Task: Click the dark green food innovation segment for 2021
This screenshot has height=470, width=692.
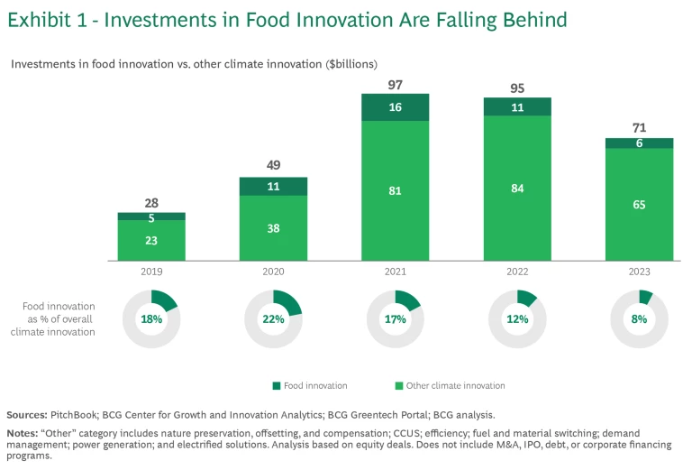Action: (x=395, y=106)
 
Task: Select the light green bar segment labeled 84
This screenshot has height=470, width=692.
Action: (x=517, y=188)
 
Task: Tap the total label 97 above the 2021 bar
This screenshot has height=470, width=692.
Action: (x=395, y=85)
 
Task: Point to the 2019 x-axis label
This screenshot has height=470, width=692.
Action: (x=150, y=271)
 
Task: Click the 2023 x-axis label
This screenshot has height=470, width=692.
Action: (x=639, y=271)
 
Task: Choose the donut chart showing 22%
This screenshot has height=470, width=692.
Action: (x=273, y=318)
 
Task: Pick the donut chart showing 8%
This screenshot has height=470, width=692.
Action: (x=639, y=318)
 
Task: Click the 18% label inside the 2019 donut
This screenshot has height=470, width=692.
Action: (x=150, y=319)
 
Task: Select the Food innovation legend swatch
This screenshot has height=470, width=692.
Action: (x=276, y=385)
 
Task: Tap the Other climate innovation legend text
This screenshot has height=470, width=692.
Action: (x=455, y=385)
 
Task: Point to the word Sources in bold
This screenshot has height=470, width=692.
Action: (x=27, y=415)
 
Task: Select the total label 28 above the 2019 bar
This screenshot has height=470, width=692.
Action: (x=150, y=204)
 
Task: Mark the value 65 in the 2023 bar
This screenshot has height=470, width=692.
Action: (x=639, y=205)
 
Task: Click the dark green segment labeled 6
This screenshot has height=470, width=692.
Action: (x=639, y=143)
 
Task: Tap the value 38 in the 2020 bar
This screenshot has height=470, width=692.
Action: (x=273, y=228)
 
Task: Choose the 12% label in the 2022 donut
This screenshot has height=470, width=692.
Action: (x=517, y=319)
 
